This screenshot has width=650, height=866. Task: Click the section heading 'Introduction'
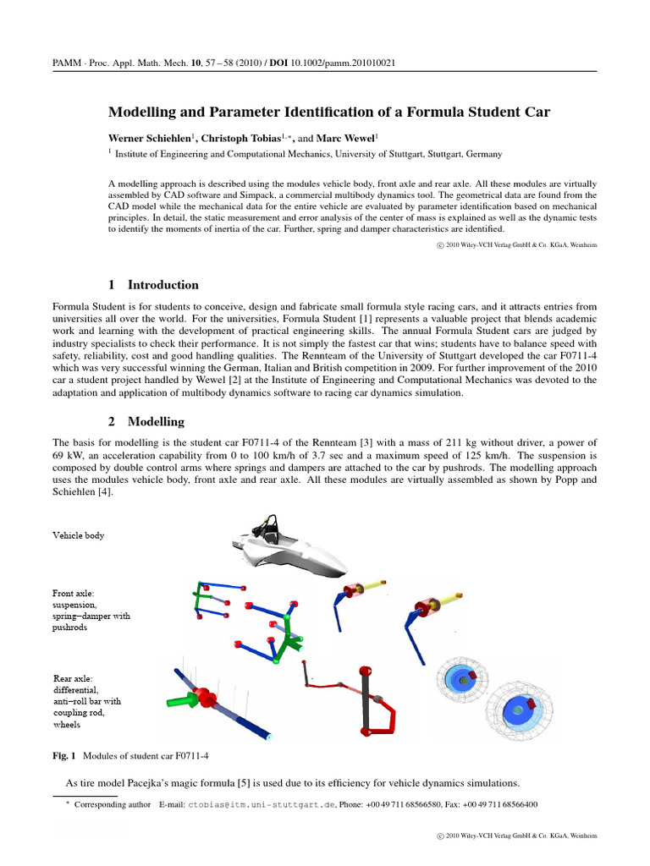coord(163,285)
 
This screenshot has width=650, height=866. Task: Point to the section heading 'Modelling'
coord(156,421)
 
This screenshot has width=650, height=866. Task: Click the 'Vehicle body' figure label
coord(79,535)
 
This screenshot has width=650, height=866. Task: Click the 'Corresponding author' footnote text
coord(113,805)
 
